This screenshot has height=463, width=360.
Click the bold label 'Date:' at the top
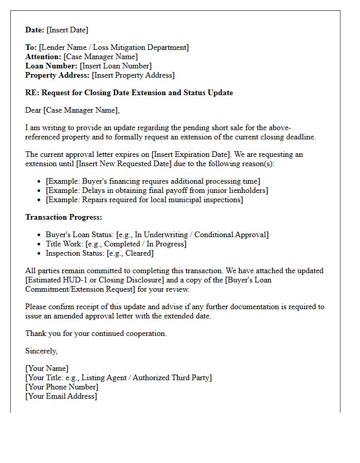tap(35, 30)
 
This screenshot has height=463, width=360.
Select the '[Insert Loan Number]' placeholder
tap(116, 66)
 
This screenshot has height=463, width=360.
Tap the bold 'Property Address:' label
tap(58, 75)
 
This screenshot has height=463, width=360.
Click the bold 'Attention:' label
tap(43, 57)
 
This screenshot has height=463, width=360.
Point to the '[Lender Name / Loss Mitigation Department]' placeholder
tap(114, 47)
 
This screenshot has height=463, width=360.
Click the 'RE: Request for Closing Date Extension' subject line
tap(129, 93)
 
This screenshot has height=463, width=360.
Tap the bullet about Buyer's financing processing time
tap(153, 181)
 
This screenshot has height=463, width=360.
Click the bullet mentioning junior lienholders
tap(157, 190)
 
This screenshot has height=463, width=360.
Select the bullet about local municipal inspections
tap(145, 200)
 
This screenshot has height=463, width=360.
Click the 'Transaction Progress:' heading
tap(64, 217)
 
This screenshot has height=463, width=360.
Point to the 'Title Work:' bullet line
tap(116, 244)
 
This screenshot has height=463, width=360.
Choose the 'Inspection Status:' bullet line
tap(100, 253)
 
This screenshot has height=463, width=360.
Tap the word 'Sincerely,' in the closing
tap(42, 351)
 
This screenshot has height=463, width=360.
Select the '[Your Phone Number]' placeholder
tap(62, 387)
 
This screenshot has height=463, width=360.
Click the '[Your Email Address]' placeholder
tap(61, 396)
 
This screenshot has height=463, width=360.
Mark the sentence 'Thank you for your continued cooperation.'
tap(96, 333)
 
